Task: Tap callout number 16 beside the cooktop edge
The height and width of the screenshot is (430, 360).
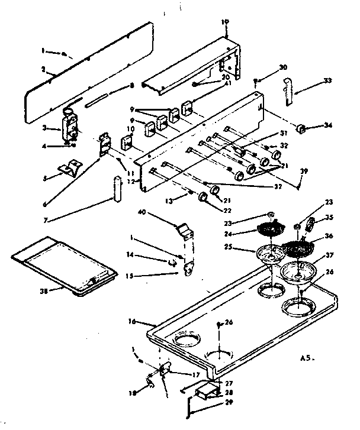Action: click(x=131, y=321)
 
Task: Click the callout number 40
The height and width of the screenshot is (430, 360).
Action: click(x=142, y=211)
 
